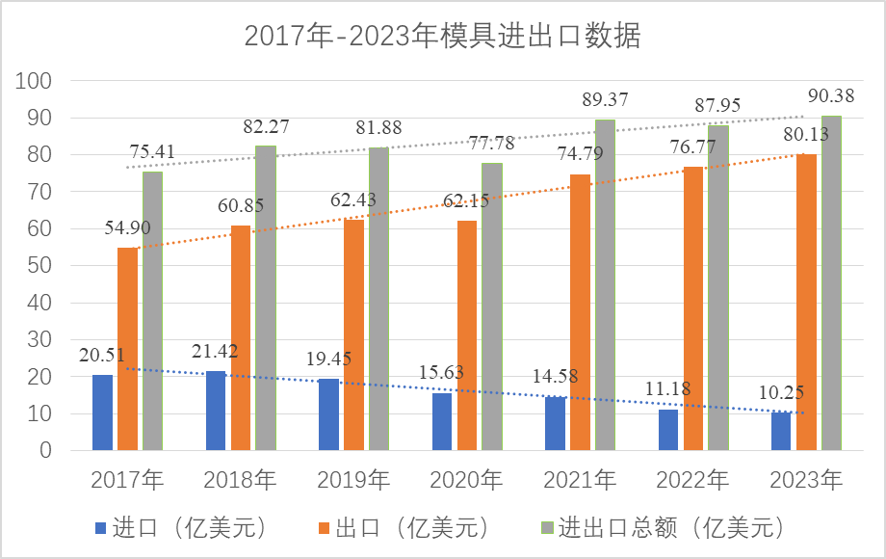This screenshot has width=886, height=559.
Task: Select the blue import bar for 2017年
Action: coord(102,413)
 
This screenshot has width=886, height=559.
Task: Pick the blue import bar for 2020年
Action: coord(442,421)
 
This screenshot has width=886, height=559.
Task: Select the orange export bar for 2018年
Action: coord(241,337)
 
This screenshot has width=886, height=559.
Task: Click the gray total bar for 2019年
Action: coord(378,299)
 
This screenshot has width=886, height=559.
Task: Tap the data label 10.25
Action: coord(778,394)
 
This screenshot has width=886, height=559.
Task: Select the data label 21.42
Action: coord(218,350)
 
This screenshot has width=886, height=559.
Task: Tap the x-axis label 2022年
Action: coord(693,479)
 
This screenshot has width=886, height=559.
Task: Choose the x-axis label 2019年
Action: coord(354,479)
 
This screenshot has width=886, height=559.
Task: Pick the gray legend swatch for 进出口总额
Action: coord(546,528)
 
